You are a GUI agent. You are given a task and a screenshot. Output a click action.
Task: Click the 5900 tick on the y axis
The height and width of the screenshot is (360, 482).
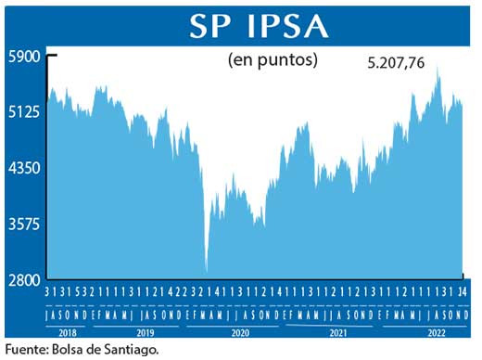tap(22, 56)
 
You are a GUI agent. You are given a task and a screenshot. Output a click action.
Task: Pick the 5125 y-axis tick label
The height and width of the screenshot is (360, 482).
tap(22, 112)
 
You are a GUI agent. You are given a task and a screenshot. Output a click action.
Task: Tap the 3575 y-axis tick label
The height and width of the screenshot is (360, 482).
tap(22, 224)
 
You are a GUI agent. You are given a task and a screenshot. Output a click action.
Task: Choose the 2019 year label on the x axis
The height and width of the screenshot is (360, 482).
tap(146, 331)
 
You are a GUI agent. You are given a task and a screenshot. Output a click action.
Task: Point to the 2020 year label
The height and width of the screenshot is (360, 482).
tap(241, 331)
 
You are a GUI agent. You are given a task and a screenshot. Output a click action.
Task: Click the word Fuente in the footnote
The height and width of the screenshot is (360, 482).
tap(27, 350)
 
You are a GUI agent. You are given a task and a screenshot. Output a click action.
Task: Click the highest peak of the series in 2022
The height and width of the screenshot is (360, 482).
tap(438, 71)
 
